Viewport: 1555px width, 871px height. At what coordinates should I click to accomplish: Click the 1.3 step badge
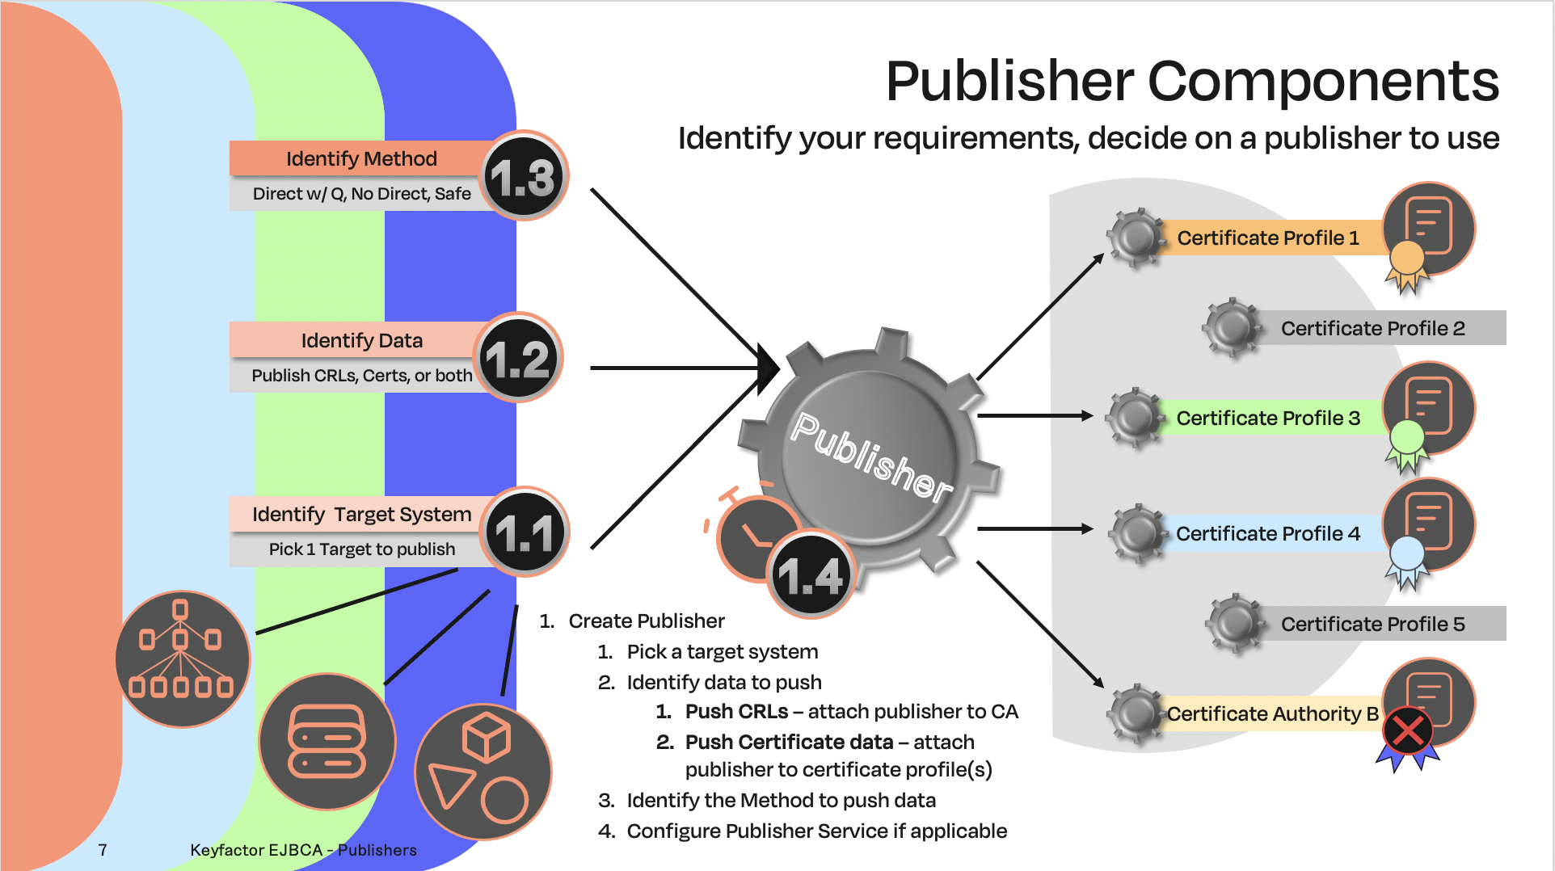[x=525, y=176]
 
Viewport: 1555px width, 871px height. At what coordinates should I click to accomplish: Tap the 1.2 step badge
[x=518, y=358]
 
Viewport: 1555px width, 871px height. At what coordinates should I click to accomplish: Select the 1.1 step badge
[x=526, y=532]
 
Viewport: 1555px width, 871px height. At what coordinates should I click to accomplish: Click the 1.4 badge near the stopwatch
[x=810, y=576]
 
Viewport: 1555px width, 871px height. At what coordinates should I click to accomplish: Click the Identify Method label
[x=361, y=158]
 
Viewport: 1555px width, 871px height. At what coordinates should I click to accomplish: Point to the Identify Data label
[x=361, y=340]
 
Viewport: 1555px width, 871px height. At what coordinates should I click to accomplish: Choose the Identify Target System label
[x=361, y=514]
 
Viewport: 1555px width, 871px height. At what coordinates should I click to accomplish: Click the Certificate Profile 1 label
[x=1267, y=238]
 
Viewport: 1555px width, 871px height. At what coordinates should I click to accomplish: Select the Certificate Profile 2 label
[x=1372, y=328]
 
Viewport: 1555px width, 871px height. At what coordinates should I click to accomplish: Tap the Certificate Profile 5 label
[x=1372, y=624]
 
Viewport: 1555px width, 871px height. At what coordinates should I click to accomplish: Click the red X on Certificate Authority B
[x=1408, y=731]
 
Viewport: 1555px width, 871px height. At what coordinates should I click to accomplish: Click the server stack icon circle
[x=327, y=741]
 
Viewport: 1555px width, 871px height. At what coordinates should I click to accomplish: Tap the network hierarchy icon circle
[x=182, y=659]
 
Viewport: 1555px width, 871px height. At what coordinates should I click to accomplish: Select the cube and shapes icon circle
[x=483, y=772]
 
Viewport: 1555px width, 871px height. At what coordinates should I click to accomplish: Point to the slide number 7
[x=103, y=850]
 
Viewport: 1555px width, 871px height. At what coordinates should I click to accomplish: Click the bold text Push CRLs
[x=736, y=711]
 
